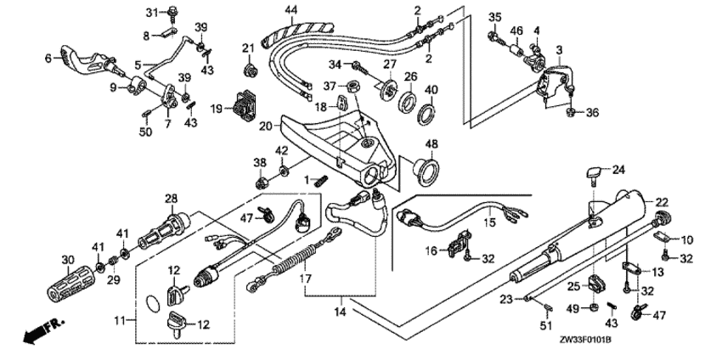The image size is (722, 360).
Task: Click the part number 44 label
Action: click(290, 9)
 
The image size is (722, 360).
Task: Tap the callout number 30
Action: click(67, 258)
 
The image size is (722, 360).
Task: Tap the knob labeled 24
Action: click(591, 175)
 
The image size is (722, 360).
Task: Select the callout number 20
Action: click(265, 126)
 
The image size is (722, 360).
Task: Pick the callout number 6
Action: click(48, 58)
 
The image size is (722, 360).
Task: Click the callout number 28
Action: click(171, 199)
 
